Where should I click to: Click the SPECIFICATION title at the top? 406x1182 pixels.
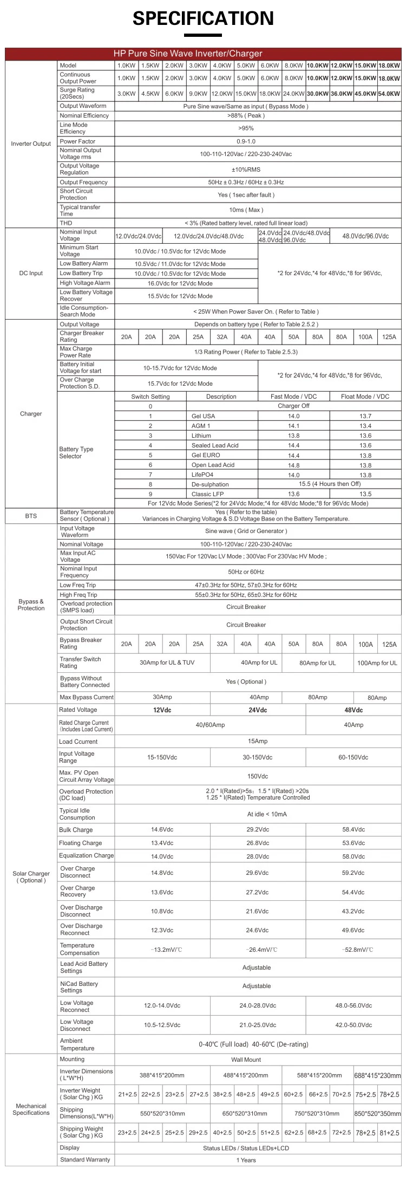click(x=203, y=18)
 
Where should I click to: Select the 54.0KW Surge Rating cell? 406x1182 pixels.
click(x=389, y=94)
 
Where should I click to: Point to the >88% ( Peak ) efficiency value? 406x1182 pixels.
click(x=246, y=115)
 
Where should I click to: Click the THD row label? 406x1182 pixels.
click(x=66, y=223)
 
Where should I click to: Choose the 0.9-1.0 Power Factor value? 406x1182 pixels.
click(x=246, y=141)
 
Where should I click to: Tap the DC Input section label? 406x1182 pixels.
click(x=31, y=274)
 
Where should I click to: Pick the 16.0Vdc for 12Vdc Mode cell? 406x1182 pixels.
click(x=180, y=283)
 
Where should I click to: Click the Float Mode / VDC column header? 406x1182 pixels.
click(x=365, y=397)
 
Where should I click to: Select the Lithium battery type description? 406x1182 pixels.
click(x=201, y=436)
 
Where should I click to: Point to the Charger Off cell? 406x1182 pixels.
click(x=293, y=406)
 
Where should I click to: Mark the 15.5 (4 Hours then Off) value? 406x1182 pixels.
click(x=330, y=484)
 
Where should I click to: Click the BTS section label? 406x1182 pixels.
click(x=31, y=516)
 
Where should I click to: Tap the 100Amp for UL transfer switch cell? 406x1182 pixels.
click(x=377, y=663)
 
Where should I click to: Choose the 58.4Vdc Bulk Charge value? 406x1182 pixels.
click(x=353, y=829)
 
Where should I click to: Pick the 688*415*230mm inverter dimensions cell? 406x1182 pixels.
click(x=377, y=1076)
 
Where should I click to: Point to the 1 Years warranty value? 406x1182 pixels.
click(x=246, y=1160)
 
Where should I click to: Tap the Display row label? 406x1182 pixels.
click(x=70, y=1148)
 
